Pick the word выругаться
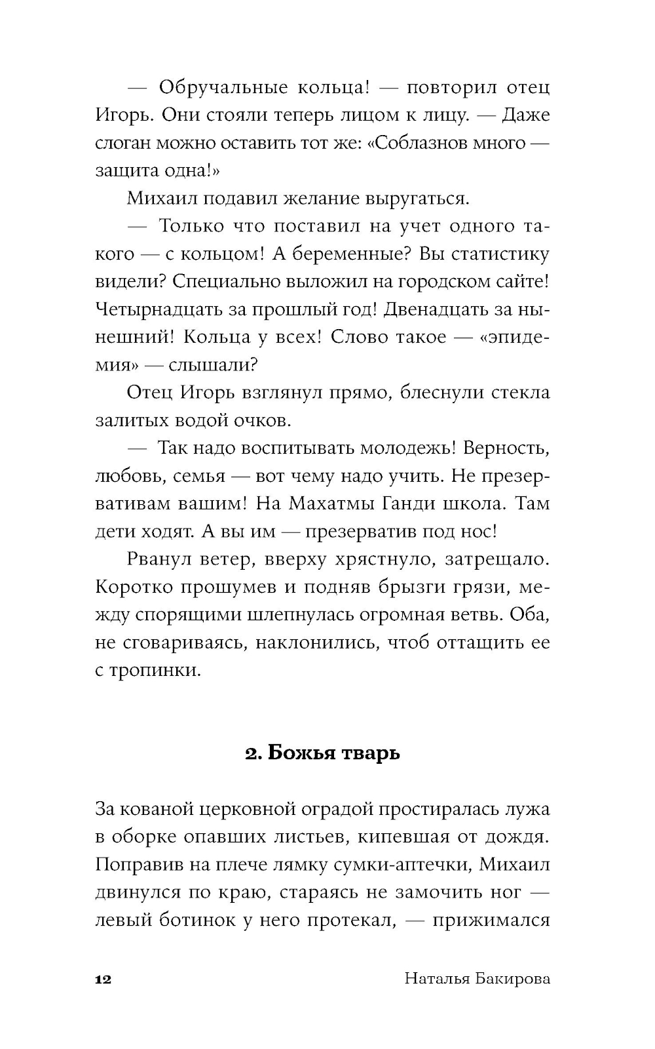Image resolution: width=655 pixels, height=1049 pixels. coord(417,198)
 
